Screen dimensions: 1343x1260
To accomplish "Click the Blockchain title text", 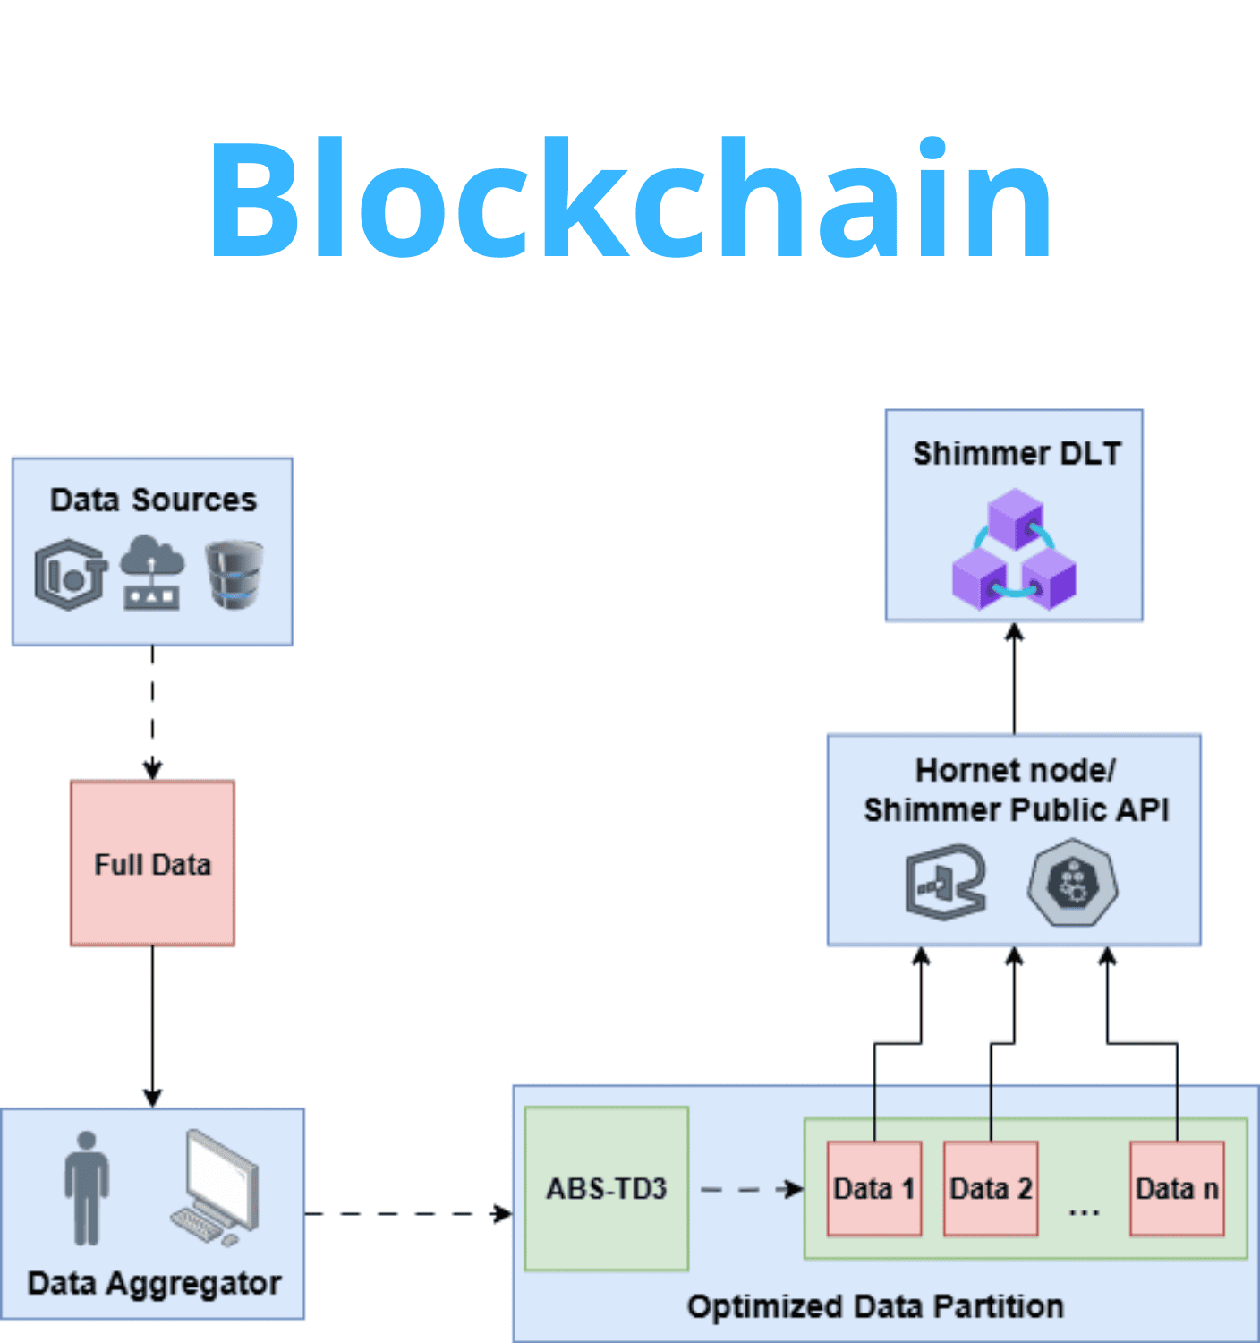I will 630,199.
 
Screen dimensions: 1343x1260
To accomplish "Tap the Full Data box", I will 152,863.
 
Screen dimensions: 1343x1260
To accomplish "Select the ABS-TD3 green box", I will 607,1188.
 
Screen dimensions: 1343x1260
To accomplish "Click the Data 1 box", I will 874,1188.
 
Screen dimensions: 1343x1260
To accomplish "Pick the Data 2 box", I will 991,1188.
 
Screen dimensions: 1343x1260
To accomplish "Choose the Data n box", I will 1177,1188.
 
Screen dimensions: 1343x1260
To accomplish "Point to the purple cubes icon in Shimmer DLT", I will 1014,550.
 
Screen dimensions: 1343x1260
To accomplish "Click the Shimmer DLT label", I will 1017,453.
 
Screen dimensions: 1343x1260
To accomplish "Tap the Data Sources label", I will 153,500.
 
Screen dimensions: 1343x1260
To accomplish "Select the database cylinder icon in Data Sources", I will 234,574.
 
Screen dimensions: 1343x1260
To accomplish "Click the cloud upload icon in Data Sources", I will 152,573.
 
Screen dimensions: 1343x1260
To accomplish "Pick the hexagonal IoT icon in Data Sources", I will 71,574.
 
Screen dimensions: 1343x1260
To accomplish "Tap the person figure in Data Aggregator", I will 87,1188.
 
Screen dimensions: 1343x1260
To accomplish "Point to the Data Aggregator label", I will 154,1283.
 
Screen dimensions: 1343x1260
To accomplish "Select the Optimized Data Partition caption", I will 875,1306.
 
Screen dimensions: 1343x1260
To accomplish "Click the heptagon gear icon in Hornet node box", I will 1072,883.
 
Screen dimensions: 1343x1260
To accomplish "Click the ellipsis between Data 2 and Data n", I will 1084,1211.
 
